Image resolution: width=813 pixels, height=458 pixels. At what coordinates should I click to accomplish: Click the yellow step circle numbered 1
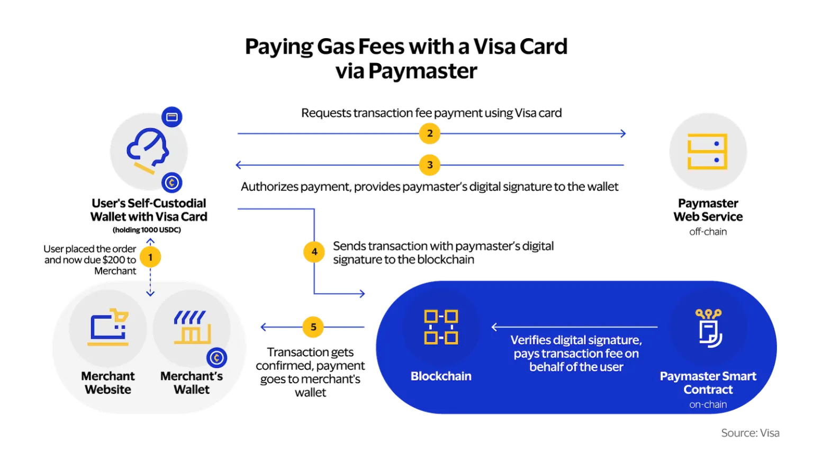(x=150, y=258)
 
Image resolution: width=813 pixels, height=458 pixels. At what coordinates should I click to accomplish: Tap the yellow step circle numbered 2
(x=430, y=134)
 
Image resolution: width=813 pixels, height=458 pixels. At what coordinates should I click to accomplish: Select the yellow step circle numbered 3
(x=430, y=165)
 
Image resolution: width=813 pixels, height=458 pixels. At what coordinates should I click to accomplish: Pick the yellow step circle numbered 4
(x=314, y=252)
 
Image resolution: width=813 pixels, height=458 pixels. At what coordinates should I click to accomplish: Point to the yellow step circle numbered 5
(x=313, y=327)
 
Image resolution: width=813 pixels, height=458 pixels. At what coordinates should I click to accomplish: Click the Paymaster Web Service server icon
(x=707, y=151)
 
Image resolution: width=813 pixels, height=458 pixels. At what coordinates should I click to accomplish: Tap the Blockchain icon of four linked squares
(x=441, y=327)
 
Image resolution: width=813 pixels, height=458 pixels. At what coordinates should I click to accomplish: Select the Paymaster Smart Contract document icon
(x=709, y=328)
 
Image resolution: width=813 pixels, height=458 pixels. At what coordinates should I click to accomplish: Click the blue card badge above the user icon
(x=172, y=117)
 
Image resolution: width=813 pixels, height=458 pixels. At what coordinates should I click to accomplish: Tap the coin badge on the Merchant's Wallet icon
(x=216, y=358)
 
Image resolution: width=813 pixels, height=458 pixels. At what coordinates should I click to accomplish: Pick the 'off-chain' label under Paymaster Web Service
(x=708, y=232)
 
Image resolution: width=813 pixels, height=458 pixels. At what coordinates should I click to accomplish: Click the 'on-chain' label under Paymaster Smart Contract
(x=708, y=404)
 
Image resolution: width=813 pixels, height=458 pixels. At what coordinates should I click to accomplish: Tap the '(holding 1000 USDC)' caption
(x=147, y=230)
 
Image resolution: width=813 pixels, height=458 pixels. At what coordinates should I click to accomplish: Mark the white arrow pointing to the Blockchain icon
(x=574, y=327)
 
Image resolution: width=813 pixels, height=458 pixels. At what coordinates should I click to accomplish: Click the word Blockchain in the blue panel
(x=441, y=376)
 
